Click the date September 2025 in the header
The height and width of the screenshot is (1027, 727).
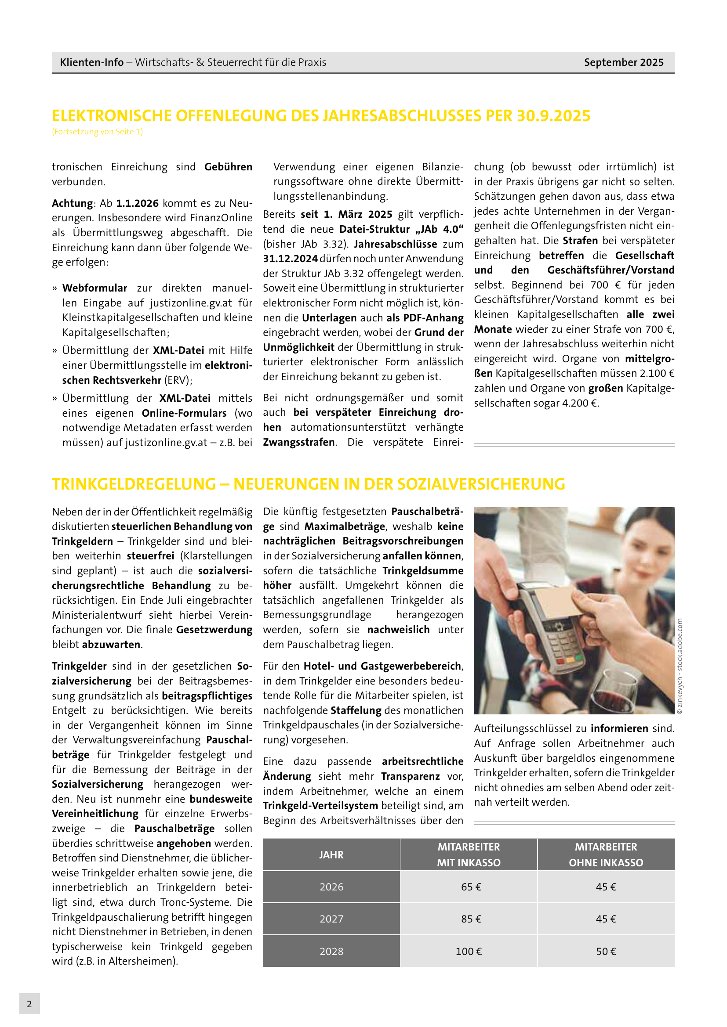pos(623,62)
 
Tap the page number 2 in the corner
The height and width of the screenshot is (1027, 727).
pos(29,1004)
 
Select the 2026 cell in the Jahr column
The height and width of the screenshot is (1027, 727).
pos(331,886)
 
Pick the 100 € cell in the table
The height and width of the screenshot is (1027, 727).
pos(469,951)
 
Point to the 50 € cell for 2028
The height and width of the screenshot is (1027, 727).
pos(606,951)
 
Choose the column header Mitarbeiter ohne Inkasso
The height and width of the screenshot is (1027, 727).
pos(606,854)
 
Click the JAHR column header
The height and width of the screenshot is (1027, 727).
pos(331,854)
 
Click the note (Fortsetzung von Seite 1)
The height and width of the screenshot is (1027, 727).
pos(97,132)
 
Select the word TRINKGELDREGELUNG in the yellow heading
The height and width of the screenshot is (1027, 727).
pos(134,484)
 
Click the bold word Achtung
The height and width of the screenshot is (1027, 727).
pos(72,203)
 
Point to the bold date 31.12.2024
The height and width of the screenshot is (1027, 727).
pos(290,259)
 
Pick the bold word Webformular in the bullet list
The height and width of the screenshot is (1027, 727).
pos(95,288)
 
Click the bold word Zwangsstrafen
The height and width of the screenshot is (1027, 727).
pos(298,442)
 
